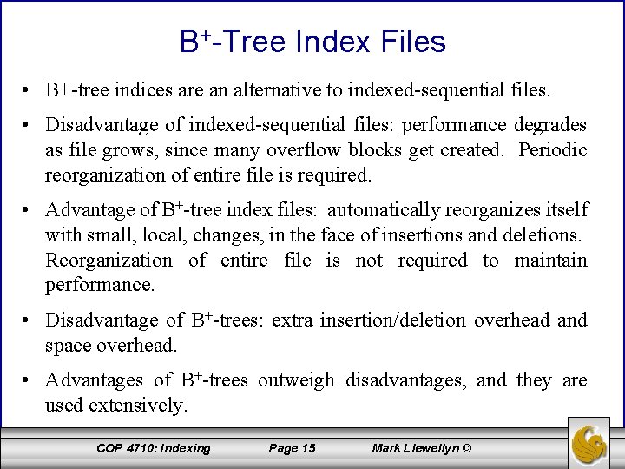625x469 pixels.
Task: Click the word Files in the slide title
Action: coord(411,42)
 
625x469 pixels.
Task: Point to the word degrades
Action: coord(550,127)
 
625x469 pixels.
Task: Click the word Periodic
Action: coord(553,151)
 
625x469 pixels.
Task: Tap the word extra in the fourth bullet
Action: coord(293,320)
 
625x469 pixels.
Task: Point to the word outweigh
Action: coord(298,380)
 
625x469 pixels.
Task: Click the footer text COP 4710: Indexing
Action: coord(154,448)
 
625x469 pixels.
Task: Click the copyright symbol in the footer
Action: coord(466,448)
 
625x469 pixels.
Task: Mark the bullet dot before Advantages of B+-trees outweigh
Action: coord(30,381)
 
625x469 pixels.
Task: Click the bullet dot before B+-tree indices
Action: coord(30,90)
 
